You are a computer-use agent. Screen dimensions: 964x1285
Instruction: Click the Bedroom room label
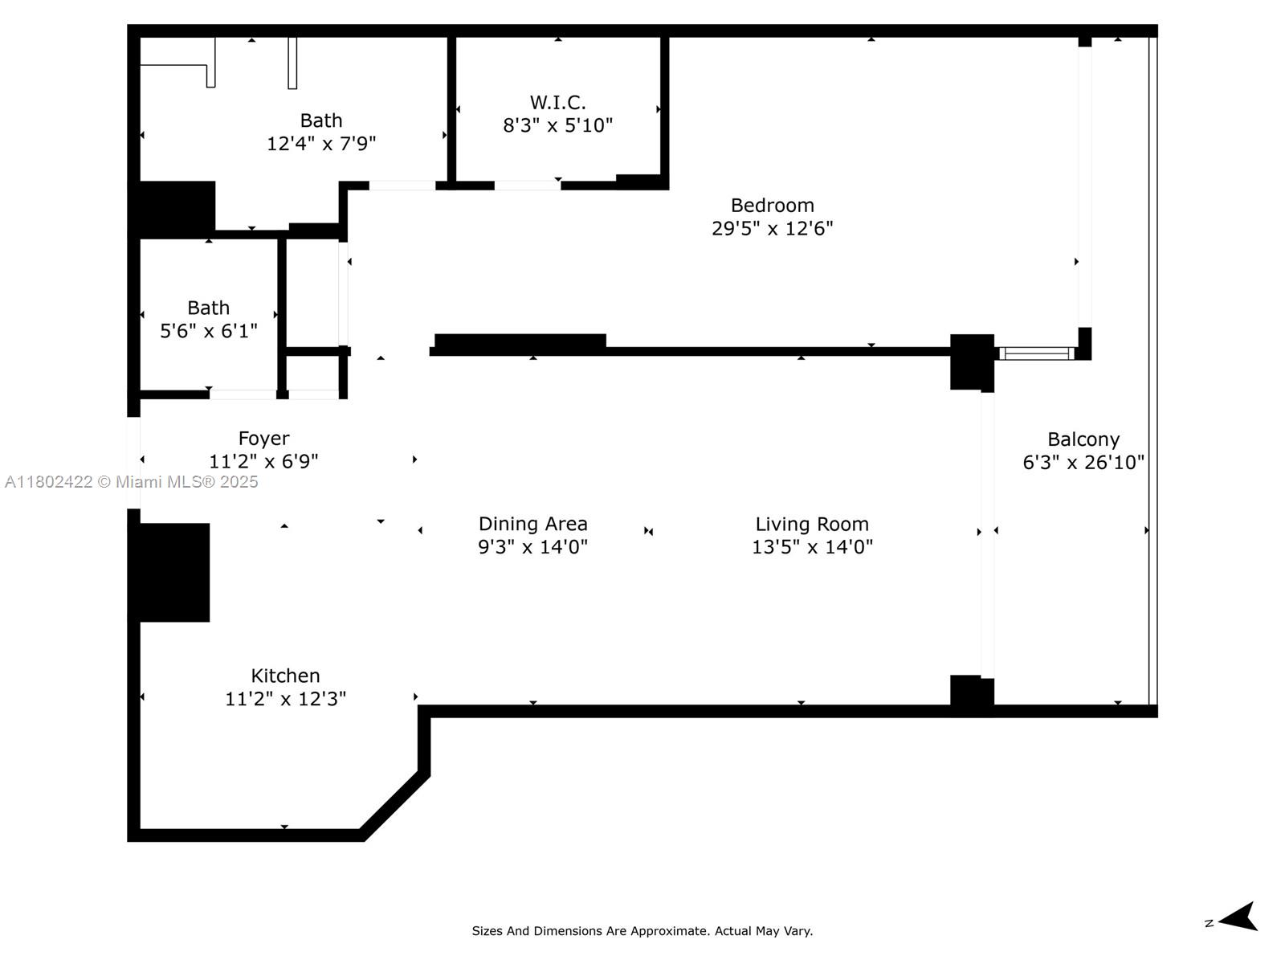[x=772, y=206]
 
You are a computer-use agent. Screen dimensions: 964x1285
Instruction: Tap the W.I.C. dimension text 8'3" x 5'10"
[x=557, y=126]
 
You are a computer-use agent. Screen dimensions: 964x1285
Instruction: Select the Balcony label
[x=1083, y=439]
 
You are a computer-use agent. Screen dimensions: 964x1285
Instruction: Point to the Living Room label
[x=811, y=525]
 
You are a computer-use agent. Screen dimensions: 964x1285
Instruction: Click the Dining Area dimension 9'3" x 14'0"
[x=532, y=547]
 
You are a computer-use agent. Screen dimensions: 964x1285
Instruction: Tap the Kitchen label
[x=285, y=676]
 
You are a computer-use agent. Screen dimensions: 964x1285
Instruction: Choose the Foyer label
[x=263, y=439]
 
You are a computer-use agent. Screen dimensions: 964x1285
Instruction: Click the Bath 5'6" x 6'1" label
[x=208, y=308]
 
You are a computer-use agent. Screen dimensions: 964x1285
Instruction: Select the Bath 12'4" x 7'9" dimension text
[x=321, y=144]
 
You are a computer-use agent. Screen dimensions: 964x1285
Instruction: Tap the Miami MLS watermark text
[x=131, y=482]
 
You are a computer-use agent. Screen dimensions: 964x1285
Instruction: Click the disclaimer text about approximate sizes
[x=642, y=931]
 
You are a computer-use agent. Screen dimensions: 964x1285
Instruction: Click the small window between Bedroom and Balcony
[x=1036, y=353]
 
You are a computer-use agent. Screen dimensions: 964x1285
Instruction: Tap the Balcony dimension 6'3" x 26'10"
[x=1083, y=463]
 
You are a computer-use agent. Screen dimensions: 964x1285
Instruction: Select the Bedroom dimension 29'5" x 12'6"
[x=772, y=229]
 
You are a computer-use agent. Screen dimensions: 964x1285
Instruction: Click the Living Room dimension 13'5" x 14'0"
[x=811, y=548]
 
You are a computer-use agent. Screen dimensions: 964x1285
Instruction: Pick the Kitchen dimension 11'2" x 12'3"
[x=285, y=699]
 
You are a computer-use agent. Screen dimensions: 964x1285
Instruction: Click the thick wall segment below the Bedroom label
[x=520, y=342]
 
